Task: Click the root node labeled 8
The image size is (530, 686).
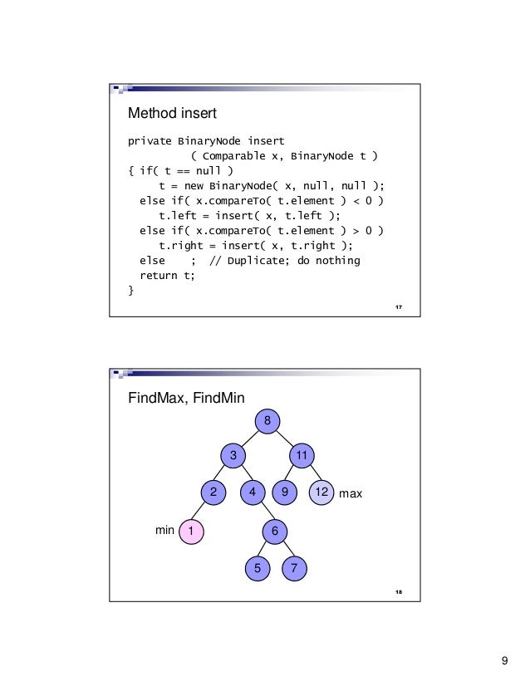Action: pos(267,421)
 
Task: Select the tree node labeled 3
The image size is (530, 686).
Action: pos(233,456)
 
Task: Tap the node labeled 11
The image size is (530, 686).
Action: pos(302,456)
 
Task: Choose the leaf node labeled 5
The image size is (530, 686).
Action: pos(258,568)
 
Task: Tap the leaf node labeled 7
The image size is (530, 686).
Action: pos(294,568)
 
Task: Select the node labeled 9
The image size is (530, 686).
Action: pos(286,493)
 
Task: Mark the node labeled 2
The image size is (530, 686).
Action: pos(213,493)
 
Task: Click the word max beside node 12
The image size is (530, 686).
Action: pos(351,494)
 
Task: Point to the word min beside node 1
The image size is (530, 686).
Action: pos(165,530)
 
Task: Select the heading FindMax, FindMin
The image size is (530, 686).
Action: pos(185,399)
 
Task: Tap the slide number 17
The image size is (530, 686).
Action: pos(399,309)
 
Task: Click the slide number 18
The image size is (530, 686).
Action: pos(399,591)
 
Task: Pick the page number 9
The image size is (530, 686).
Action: pos(504,661)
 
